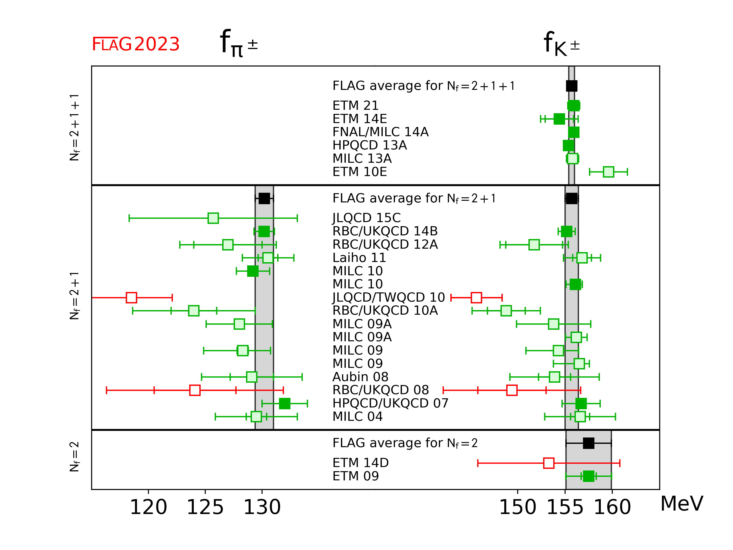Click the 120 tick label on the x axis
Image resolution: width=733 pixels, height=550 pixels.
pyautogui.click(x=148, y=507)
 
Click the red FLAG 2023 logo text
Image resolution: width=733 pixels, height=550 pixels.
pyautogui.click(x=136, y=44)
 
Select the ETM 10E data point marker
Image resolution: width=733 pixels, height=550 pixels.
pyautogui.click(x=608, y=172)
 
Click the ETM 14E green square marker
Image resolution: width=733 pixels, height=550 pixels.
pyautogui.click(x=559, y=119)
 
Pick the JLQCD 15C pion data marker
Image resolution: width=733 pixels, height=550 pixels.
pyautogui.click(x=213, y=218)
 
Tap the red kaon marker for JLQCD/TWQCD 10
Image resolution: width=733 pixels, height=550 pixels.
pyautogui.click(x=476, y=297)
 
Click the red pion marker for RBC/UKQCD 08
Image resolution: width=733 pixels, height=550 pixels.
pyautogui.click(x=195, y=390)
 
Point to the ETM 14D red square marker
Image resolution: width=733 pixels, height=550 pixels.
pyautogui.click(x=549, y=463)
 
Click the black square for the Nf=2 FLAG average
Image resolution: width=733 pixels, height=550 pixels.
pyautogui.click(x=588, y=443)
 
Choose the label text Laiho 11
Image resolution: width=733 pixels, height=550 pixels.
pyautogui.click(x=359, y=258)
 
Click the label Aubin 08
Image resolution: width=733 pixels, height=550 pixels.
pyautogui.click(x=360, y=377)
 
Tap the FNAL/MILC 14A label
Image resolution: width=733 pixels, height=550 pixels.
pyautogui.click(x=380, y=132)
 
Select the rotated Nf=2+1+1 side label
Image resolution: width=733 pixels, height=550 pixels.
pyautogui.click(x=74, y=127)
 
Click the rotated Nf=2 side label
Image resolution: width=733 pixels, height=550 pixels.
pyautogui.click(x=74, y=456)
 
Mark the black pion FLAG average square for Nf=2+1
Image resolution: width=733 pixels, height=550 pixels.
pyautogui.click(x=264, y=198)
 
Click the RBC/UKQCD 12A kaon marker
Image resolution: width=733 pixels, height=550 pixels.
pyautogui.click(x=534, y=245)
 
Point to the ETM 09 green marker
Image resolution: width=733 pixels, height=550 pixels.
pyautogui.click(x=588, y=476)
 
